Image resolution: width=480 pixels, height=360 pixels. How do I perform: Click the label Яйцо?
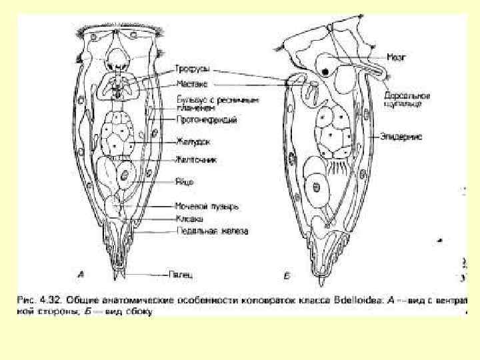pos(185,180)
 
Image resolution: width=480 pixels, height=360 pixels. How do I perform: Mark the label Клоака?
pos(189,218)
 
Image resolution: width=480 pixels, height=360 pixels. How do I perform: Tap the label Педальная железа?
pos(211,231)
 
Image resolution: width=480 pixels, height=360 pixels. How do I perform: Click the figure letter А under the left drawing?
pos(81,274)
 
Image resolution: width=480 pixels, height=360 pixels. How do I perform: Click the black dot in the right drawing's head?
pos(325,70)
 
